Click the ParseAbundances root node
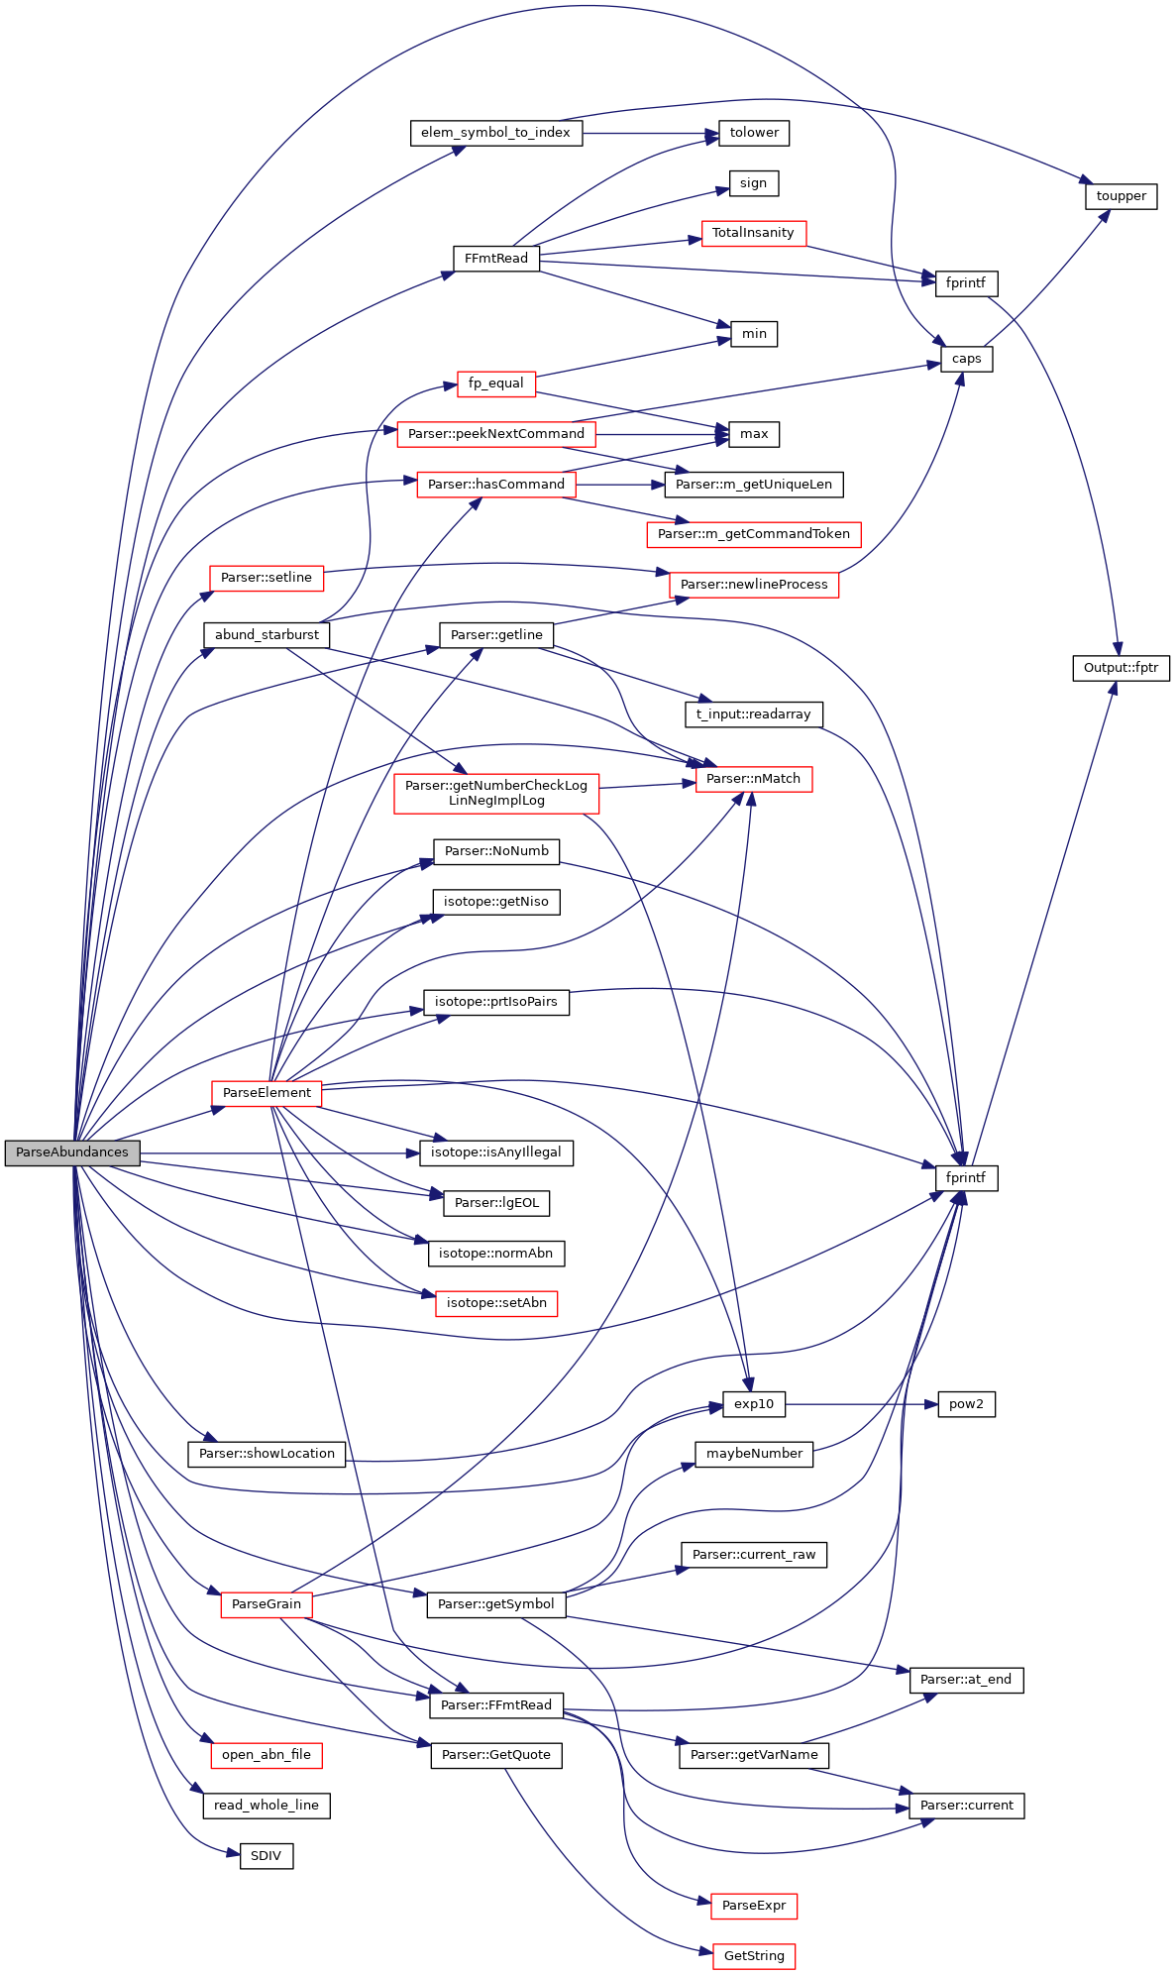[72, 1152]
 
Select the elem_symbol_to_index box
[495, 133]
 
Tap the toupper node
[1121, 196]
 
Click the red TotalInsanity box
[753, 233]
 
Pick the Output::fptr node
[1121, 668]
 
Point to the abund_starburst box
[267, 634]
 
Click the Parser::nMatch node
[753, 779]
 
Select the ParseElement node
[267, 1092]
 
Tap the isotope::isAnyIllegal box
[495, 1152]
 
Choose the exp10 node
[753, 1404]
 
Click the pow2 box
[966, 1404]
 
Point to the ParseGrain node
[267, 1603]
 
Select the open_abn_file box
[267, 1754]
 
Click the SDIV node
[267, 1855]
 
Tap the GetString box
[753, 1955]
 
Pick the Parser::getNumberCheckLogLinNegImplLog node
[495, 793]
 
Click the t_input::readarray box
[753, 713]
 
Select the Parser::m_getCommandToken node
[753, 534]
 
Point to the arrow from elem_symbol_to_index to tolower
[649, 133]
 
